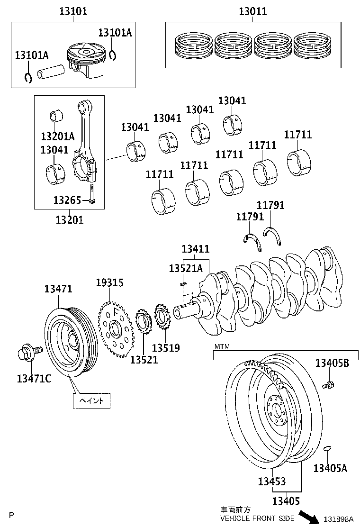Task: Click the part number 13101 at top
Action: point(73,11)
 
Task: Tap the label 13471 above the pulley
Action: point(58,288)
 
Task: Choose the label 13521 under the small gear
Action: point(144,360)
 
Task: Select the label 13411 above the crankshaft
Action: point(196,249)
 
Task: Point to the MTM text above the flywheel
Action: point(222,346)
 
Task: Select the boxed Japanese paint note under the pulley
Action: point(91,400)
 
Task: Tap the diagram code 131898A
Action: point(338,519)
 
